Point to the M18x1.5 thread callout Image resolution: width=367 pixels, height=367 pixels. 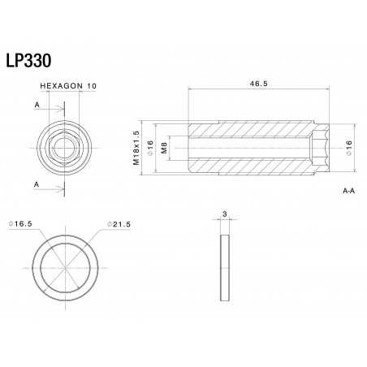(x=136, y=147)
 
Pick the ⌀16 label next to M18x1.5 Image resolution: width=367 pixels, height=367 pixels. (x=149, y=147)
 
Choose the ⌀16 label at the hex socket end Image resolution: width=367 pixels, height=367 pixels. (x=349, y=147)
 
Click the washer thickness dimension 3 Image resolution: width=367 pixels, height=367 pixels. (x=225, y=216)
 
